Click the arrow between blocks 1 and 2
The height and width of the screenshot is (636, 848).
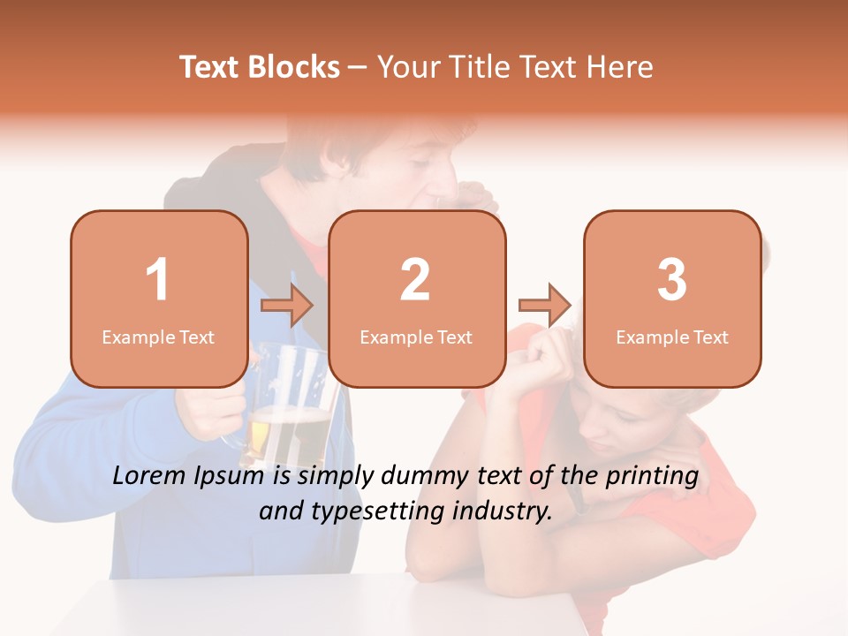click(x=287, y=305)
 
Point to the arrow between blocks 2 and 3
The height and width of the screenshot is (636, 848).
click(x=544, y=305)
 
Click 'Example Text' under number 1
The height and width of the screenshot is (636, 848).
click(x=158, y=337)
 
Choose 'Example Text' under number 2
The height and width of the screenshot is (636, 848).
click(x=416, y=337)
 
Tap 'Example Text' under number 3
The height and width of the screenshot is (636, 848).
click(x=672, y=337)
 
